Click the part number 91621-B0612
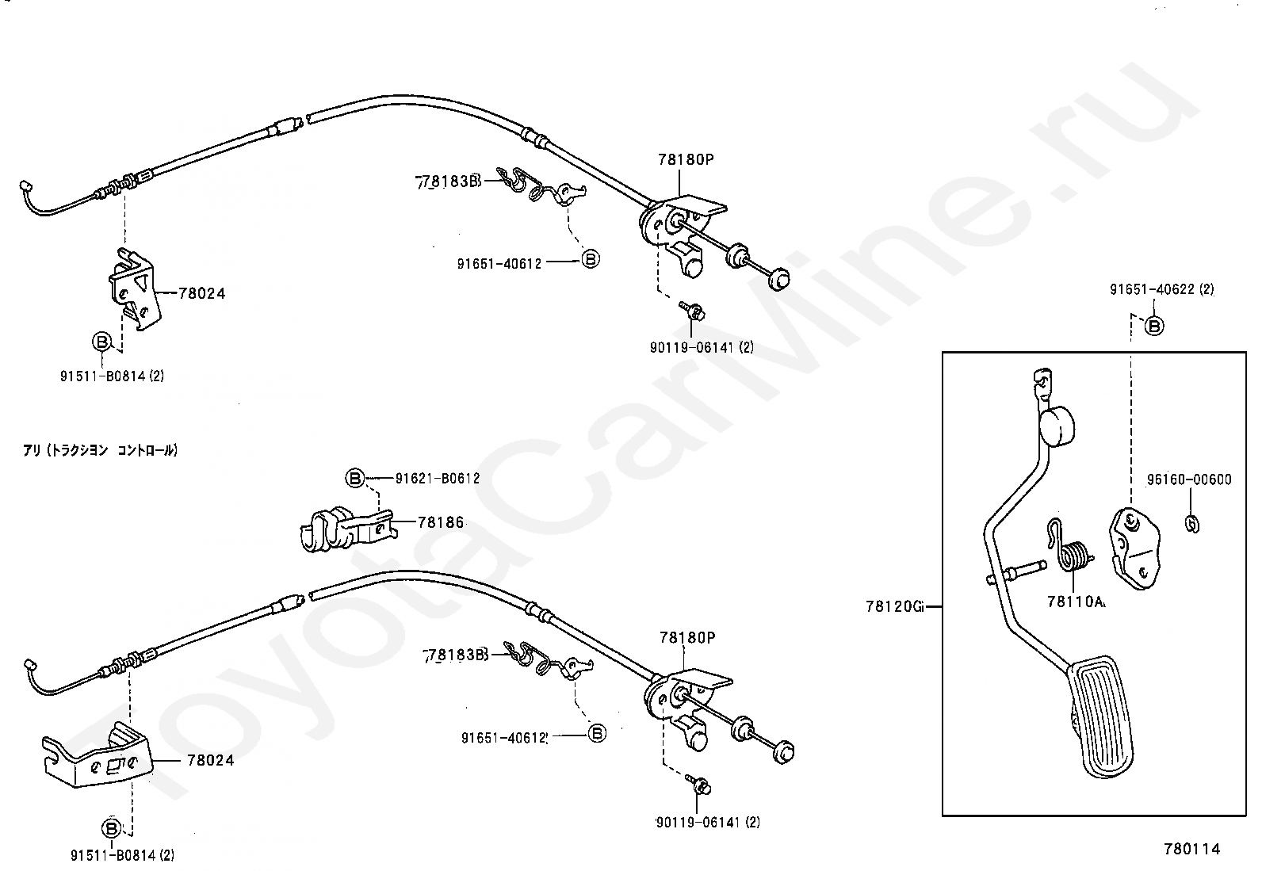[x=438, y=479]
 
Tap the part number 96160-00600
[x=1189, y=479]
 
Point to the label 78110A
[x=1076, y=602]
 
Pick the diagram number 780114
[x=1191, y=850]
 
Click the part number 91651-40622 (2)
[x=1161, y=290]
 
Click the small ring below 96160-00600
[x=1191, y=523]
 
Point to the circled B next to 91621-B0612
[x=354, y=479]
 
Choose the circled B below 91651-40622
[x=1155, y=326]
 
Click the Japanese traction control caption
[x=101, y=450]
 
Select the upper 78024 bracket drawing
[x=135, y=290]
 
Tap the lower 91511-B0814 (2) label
[x=122, y=855]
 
